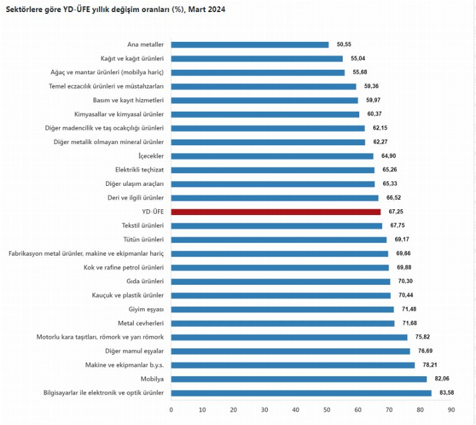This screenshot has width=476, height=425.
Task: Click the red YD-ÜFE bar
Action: pos(276,212)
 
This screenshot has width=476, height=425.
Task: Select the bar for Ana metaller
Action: pos(250,44)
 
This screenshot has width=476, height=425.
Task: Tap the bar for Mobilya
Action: pos(299,379)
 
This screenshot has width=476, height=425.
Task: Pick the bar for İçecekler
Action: pos(272,156)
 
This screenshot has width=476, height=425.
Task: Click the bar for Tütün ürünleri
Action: pos(279,240)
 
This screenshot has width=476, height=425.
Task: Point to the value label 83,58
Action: pos(446,393)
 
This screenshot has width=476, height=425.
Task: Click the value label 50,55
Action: pos(343,44)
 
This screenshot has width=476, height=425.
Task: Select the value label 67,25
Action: pos(395,212)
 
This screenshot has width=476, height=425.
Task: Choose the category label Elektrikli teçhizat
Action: pos(140,170)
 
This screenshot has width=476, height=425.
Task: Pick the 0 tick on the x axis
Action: pos(171,410)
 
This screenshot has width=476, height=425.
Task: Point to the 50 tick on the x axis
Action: pos(327,410)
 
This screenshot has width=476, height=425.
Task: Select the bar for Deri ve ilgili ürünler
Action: pos(275,198)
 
